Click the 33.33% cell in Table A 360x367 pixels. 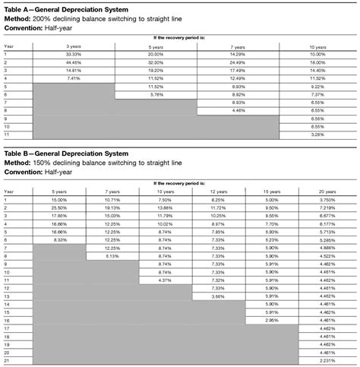[x=74, y=55]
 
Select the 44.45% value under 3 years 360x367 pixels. [x=74, y=63]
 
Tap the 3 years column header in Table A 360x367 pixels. [x=74, y=47]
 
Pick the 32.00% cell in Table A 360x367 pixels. [x=156, y=63]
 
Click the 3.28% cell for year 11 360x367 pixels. [x=317, y=134]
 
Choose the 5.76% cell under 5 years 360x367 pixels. [x=156, y=94]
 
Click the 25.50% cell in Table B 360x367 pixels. [x=58, y=207]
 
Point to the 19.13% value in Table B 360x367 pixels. [x=112, y=207]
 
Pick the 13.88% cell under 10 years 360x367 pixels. [x=166, y=207]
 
